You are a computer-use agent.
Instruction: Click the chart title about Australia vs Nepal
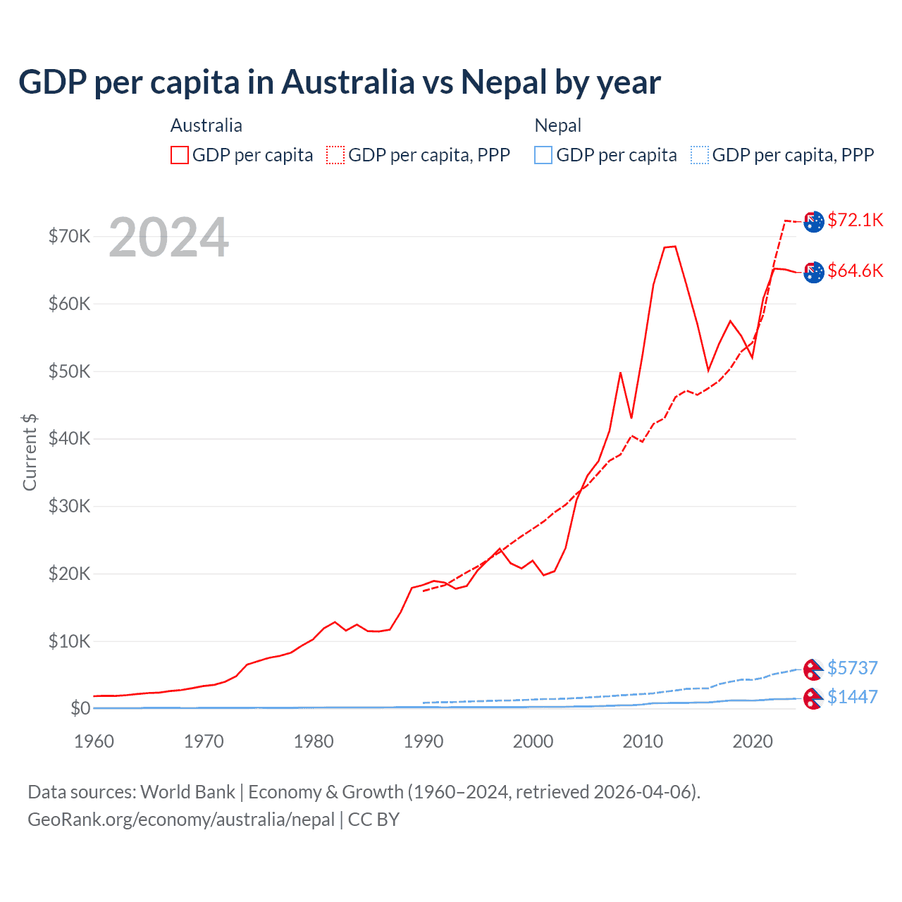(x=339, y=82)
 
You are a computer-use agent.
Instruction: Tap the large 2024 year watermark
(x=168, y=238)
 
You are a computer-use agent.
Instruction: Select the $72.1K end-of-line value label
(x=855, y=220)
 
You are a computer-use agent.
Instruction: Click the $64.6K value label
(x=855, y=271)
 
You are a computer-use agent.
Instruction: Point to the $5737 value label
(x=852, y=667)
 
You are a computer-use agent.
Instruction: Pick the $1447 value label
(x=852, y=697)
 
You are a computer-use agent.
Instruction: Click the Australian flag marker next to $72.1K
(x=814, y=221)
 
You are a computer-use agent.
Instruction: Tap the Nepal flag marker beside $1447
(x=813, y=698)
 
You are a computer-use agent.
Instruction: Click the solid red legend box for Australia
(x=180, y=155)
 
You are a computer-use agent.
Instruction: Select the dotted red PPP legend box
(x=335, y=155)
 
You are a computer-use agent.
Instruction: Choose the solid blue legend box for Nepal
(x=543, y=155)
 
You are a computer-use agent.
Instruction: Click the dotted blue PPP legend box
(x=699, y=155)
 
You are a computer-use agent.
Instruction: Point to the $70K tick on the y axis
(x=69, y=236)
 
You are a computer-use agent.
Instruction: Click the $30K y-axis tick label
(x=69, y=506)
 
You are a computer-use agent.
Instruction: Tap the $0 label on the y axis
(x=80, y=708)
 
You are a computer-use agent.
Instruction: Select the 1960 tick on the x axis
(x=94, y=741)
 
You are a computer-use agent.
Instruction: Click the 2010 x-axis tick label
(x=643, y=741)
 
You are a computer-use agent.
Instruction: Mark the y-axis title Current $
(x=30, y=452)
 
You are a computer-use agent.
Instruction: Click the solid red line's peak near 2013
(x=674, y=247)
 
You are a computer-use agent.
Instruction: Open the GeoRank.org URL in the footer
(x=181, y=820)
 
